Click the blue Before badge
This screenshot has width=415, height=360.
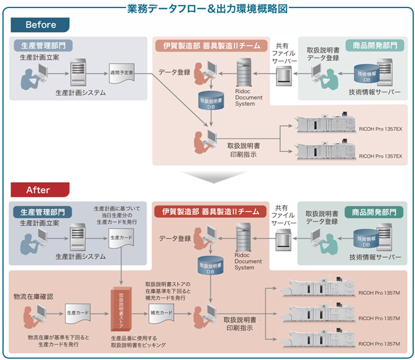point(40,25)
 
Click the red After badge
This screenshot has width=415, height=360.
point(40,189)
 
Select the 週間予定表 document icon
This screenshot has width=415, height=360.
point(121,73)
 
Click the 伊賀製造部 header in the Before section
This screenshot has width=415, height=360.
point(210,45)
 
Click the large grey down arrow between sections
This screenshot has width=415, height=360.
point(207,177)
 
